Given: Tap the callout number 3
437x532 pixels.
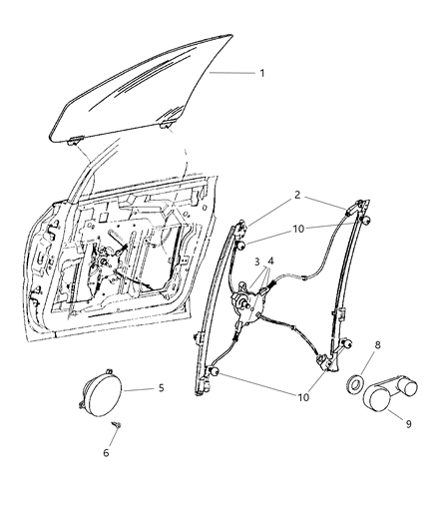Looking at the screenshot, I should click(x=257, y=262).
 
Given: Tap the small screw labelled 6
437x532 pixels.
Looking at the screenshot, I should click(x=115, y=425).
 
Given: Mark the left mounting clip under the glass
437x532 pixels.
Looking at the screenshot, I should click(x=75, y=143).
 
